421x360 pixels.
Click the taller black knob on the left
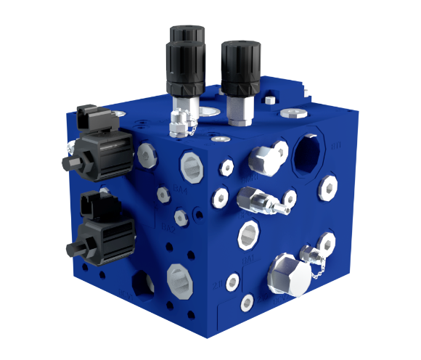pyautogui.click(x=185, y=61)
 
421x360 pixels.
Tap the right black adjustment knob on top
pyautogui.click(x=238, y=69)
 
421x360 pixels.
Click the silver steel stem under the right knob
pyautogui.click(x=237, y=110)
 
